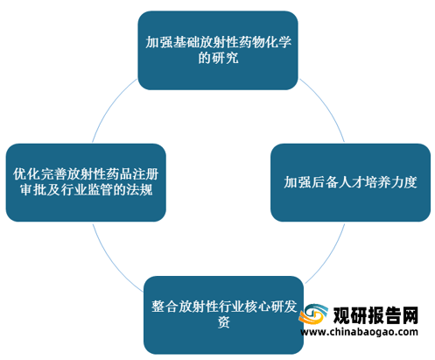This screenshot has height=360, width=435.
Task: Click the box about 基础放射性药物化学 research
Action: (x=218, y=50)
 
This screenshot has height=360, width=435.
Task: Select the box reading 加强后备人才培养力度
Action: (x=350, y=182)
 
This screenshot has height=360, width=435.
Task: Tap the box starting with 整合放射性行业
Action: (x=223, y=315)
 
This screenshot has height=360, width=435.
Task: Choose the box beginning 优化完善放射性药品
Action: (x=86, y=182)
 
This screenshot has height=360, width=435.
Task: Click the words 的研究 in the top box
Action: (x=218, y=58)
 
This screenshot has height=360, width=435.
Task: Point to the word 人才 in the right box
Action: (x=344, y=182)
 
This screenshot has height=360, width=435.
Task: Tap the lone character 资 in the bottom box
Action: (x=224, y=322)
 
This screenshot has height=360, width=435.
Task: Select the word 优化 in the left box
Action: (x=26, y=174)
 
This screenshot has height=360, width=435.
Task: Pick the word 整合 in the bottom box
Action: (x=165, y=307)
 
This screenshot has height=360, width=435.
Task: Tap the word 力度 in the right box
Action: (x=403, y=182)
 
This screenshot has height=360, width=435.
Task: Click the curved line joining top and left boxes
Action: (x=110, y=106)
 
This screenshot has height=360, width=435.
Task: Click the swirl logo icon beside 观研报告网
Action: (x=312, y=314)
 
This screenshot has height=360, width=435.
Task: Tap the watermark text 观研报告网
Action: (x=375, y=315)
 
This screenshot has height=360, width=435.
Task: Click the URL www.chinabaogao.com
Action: (x=359, y=332)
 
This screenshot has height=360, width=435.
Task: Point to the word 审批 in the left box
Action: (x=33, y=190)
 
